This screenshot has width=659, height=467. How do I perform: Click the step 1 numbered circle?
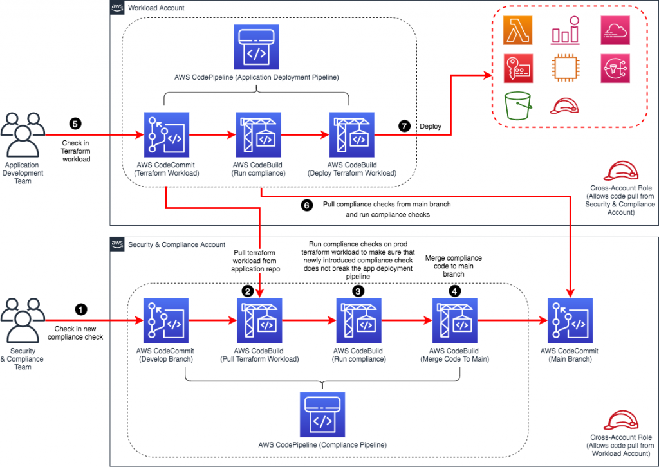(80, 309)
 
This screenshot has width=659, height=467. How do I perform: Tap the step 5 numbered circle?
(76, 122)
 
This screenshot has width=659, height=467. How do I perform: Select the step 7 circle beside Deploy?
(404, 126)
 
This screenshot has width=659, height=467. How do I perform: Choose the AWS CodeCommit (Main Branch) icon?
(568, 321)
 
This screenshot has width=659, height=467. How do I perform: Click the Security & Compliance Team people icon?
(23, 318)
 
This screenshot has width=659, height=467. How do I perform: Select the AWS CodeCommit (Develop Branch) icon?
(165, 321)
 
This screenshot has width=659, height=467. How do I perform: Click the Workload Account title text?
(156, 8)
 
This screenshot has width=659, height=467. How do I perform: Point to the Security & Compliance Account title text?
(177, 244)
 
